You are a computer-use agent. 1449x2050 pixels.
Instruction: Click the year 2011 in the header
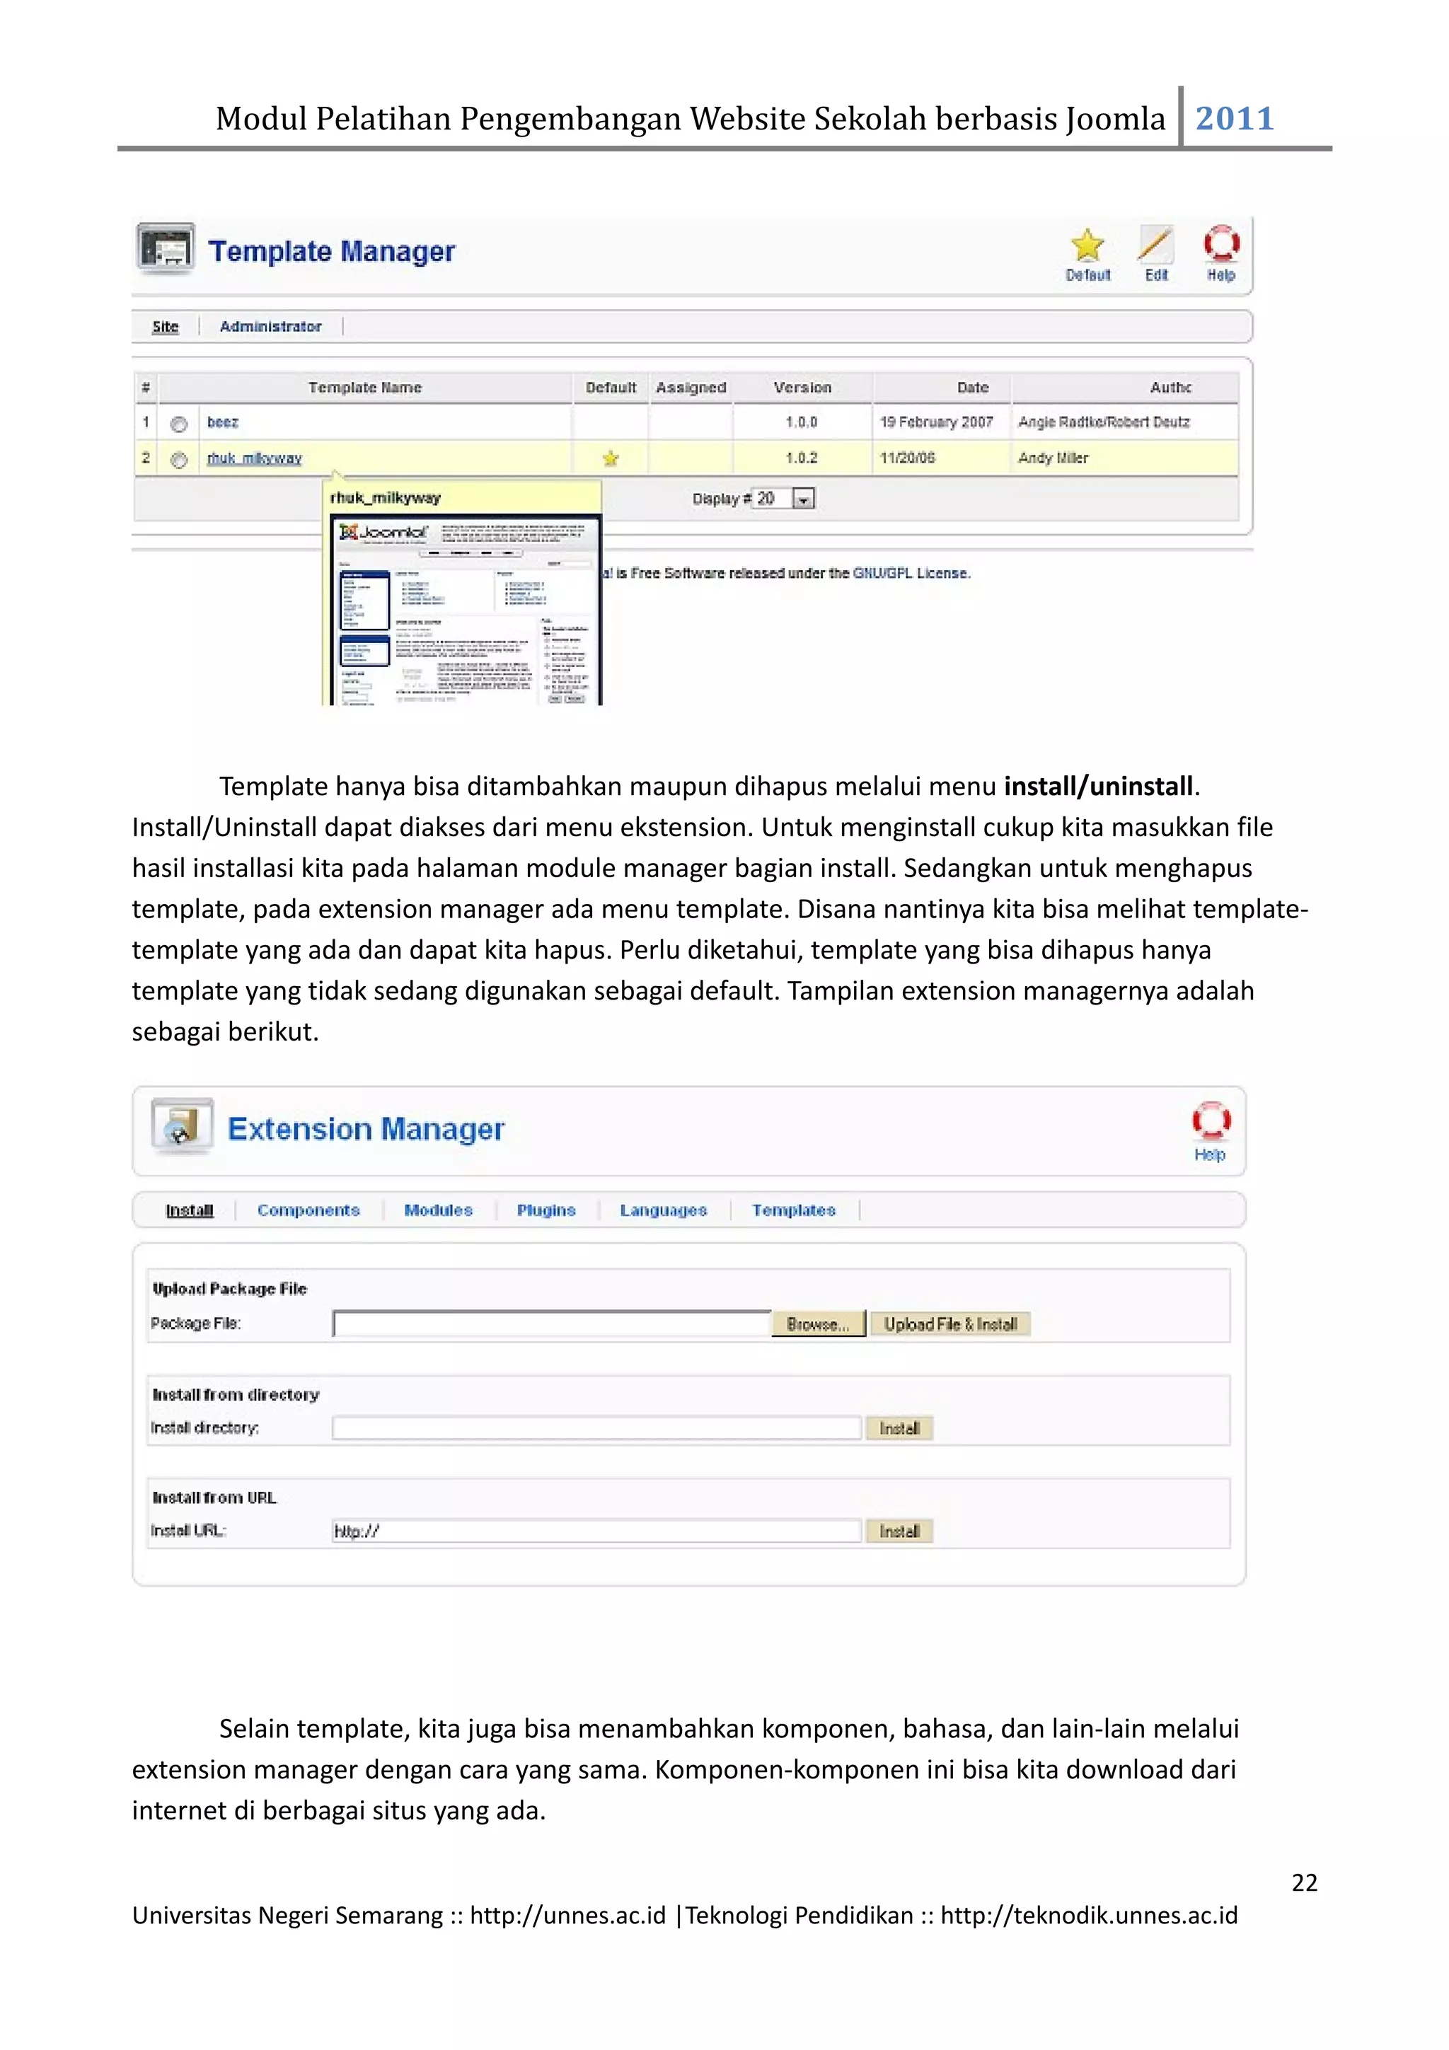pyautogui.click(x=1234, y=118)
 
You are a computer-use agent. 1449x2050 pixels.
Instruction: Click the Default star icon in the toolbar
pyautogui.click(x=1087, y=245)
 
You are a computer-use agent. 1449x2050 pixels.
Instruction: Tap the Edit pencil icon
pyautogui.click(x=1156, y=245)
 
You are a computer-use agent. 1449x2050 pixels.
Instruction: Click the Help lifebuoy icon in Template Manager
pyautogui.click(x=1220, y=244)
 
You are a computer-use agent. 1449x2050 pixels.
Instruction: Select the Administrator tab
pyautogui.click(x=270, y=327)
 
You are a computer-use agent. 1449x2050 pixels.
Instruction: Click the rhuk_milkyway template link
pyautogui.click(x=255, y=458)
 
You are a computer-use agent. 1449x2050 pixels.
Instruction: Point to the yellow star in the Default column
pyautogui.click(x=611, y=459)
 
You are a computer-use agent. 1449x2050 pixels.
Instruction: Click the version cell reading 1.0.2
pyautogui.click(x=801, y=458)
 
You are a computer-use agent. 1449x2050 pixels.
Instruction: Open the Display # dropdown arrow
pyautogui.click(x=804, y=500)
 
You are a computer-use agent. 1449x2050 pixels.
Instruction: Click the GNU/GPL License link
pyautogui.click(x=911, y=573)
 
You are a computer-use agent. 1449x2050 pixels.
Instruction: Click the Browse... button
pyautogui.click(x=818, y=1324)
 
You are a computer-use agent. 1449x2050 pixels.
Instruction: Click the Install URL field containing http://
pyautogui.click(x=596, y=1531)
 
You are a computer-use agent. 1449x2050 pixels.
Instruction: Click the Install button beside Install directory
pyautogui.click(x=899, y=1429)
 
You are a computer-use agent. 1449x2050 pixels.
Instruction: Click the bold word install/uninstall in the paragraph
pyautogui.click(x=1098, y=787)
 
